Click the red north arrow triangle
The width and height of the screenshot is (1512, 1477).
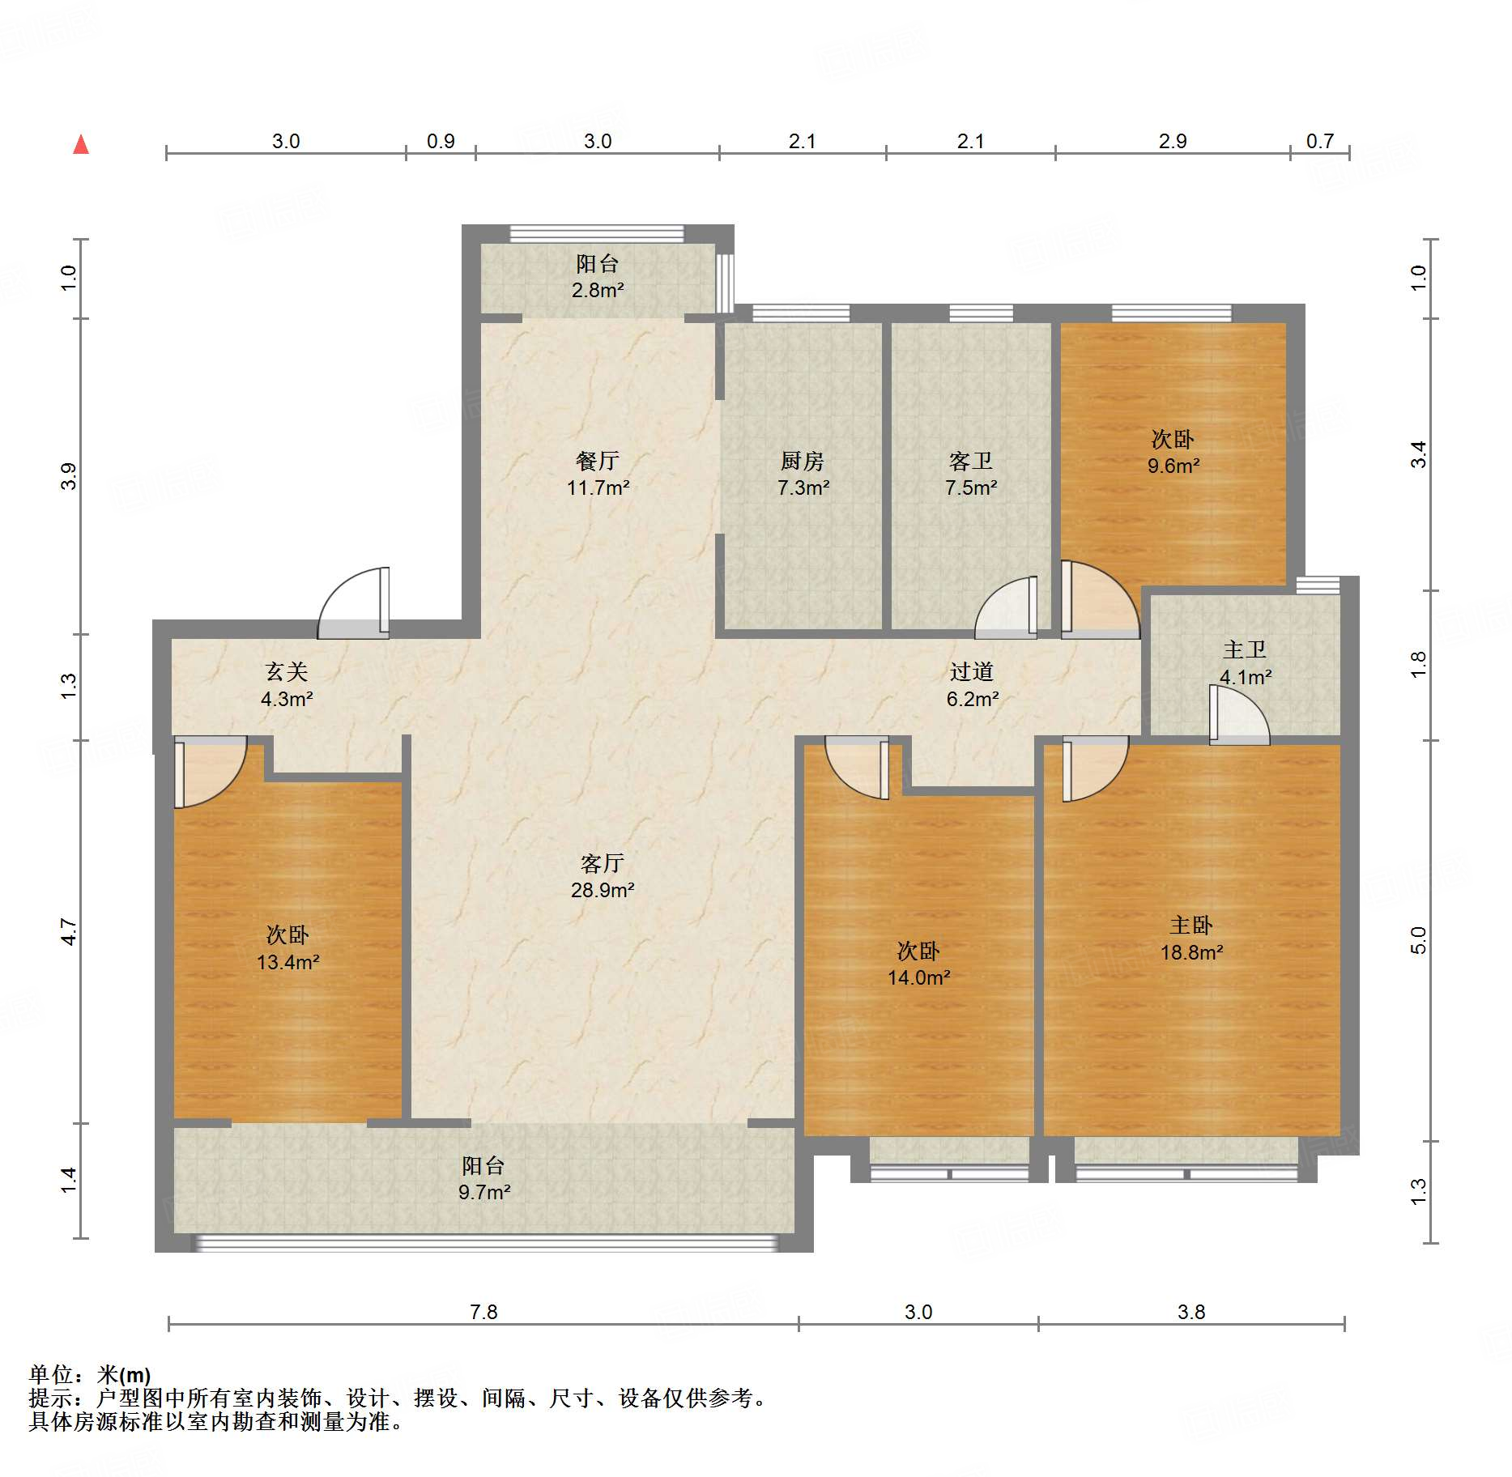[x=81, y=145]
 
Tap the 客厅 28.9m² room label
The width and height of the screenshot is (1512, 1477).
[x=602, y=876]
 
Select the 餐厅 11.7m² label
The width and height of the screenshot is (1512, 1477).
[x=598, y=474]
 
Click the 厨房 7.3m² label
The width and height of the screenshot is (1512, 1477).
[x=803, y=474]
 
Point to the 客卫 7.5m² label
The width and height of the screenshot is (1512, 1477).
[x=970, y=474]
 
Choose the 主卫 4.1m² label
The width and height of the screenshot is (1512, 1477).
[x=1245, y=662]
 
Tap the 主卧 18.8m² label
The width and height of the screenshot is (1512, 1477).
[x=1191, y=939]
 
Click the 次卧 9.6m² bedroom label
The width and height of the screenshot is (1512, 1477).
[x=1173, y=452]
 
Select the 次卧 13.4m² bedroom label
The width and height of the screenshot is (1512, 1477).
[x=287, y=948]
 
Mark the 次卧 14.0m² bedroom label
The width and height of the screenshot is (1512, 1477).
[x=918, y=964]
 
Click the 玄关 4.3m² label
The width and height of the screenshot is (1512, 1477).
[x=287, y=684]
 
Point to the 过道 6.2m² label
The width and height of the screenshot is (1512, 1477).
[x=972, y=684]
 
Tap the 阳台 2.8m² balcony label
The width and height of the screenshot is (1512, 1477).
[x=598, y=276]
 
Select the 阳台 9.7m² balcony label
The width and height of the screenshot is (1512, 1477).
[x=483, y=1178]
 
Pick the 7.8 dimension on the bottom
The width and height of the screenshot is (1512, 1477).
[x=483, y=1311]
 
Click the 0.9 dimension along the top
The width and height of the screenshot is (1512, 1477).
[x=441, y=141]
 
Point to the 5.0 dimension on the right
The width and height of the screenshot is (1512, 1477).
[x=1417, y=939]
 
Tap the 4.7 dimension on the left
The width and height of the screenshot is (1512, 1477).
[x=70, y=931]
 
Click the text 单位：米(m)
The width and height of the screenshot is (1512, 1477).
[x=90, y=1374]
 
